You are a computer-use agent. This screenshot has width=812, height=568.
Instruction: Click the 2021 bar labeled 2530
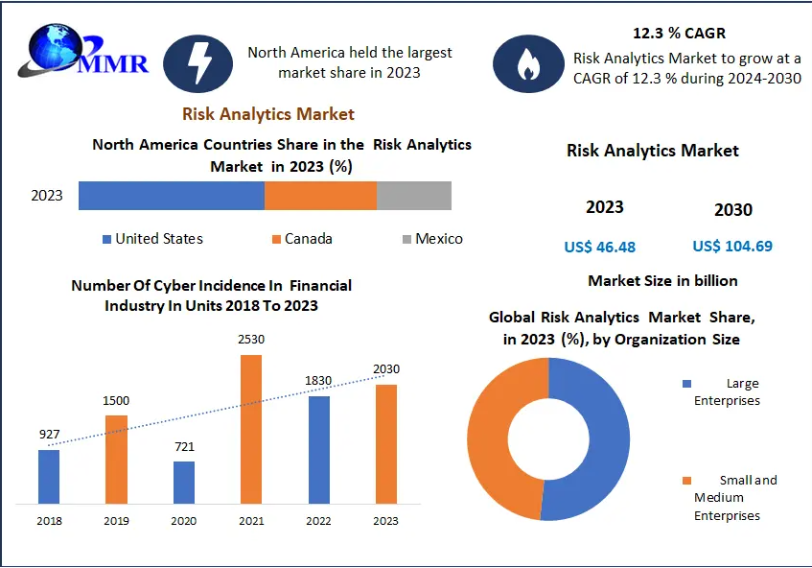click(250, 429)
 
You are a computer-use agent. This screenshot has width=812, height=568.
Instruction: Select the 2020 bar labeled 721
click(184, 482)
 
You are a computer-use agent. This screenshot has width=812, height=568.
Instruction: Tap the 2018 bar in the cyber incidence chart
click(49, 476)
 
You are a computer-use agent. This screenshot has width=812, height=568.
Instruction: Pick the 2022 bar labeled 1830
click(318, 449)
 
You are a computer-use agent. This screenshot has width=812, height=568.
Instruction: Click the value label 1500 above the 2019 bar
click(116, 400)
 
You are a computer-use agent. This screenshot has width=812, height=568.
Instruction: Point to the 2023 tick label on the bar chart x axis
click(385, 521)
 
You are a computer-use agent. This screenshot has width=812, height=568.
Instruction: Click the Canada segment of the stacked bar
click(320, 196)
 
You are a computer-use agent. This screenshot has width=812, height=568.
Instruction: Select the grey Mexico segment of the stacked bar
click(413, 196)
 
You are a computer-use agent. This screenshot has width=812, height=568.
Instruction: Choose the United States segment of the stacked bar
click(171, 196)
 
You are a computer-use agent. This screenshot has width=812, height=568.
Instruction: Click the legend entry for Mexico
click(432, 239)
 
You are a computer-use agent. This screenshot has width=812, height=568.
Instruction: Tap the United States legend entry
click(152, 239)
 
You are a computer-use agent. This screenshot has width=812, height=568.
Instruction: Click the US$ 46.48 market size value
click(599, 247)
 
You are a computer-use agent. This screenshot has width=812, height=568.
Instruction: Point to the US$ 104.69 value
click(732, 247)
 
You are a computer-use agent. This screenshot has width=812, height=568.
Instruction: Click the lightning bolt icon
click(199, 63)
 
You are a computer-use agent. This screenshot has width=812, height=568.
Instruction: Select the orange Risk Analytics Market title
click(268, 114)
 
